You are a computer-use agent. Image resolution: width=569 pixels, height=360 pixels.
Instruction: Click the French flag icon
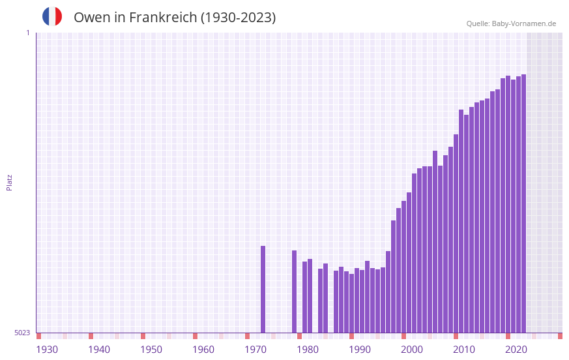[52, 16]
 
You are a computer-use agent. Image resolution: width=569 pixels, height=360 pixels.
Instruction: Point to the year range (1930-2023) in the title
[238, 18]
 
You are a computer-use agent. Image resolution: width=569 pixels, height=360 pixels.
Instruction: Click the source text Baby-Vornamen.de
[523, 23]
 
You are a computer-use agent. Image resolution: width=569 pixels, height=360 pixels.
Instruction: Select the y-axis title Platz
[9, 182]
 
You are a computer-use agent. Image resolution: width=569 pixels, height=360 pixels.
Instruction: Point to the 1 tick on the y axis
[27, 33]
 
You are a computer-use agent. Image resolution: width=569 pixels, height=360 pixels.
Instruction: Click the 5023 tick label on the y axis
[22, 333]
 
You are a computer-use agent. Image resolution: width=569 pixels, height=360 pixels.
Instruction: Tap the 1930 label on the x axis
[47, 350]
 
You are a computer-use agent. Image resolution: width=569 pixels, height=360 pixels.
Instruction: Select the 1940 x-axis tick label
[99, 350]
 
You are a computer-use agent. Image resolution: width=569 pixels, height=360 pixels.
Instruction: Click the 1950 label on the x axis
[151, 350]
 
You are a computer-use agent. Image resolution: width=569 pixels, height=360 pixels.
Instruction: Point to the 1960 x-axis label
[203, 350]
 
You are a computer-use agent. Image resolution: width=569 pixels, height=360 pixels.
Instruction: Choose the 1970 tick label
[255, 350]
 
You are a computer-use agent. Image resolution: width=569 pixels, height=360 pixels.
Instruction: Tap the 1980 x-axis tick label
[308, 350]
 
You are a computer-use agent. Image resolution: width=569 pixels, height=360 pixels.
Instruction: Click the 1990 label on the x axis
[360, 350]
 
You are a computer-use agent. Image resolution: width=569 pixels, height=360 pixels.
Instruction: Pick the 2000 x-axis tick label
[412, 350]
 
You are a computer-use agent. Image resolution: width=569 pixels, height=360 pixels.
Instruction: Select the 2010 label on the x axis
[464, 350]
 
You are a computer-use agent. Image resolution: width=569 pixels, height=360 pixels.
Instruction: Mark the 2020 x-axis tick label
[516, 350]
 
